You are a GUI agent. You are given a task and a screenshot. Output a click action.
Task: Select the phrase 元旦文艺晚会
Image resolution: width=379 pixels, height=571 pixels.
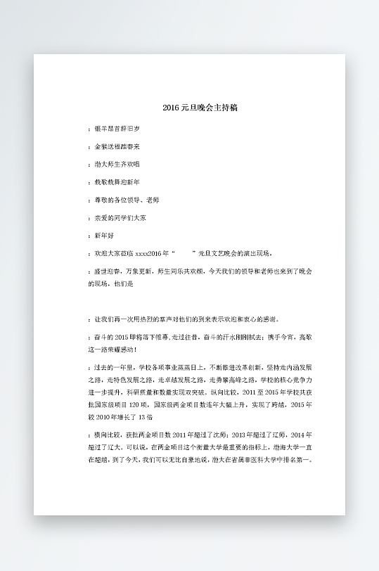tap(214, 253)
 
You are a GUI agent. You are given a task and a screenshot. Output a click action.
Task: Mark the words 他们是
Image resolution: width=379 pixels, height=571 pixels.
tap(124, 284)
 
